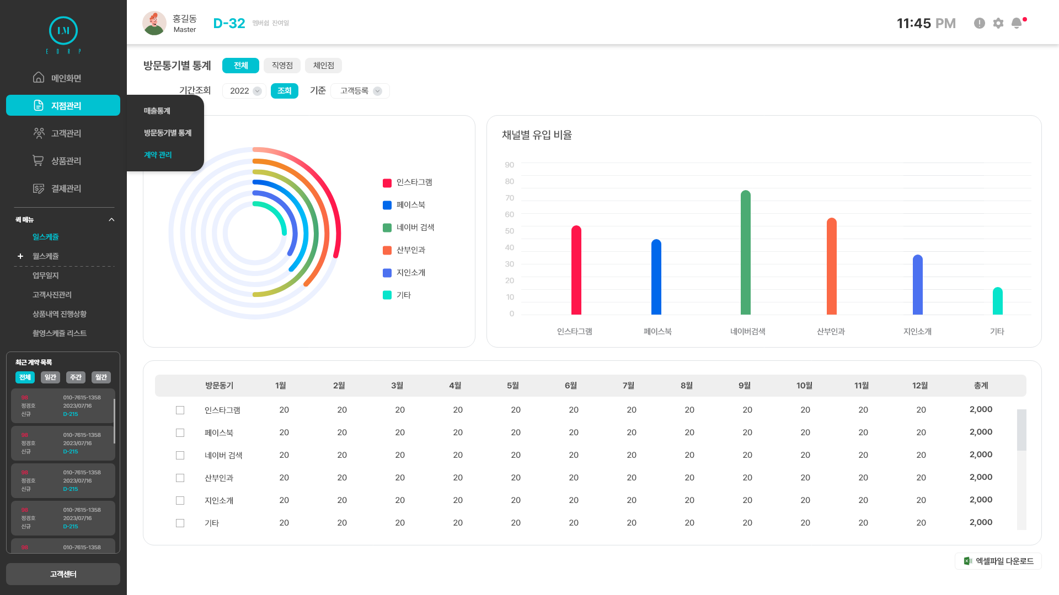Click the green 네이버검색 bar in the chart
click(746, 253)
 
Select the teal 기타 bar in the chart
click(997, 301)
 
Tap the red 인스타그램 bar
click(576, 271)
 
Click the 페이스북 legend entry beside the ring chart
click(404, 205)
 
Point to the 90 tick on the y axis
click(509, 165)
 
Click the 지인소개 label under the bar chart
click(917, 331)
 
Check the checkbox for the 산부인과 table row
click(180, 478)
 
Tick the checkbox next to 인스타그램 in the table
click(180, 410)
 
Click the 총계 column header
click(981, 386)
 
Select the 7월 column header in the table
click(628, 386)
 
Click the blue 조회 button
click(284, 91)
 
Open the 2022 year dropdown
click(244, 91)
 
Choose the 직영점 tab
click(282, 66)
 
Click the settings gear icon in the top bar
click(998, 23)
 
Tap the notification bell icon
click(1017, 23)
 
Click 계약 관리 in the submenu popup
click(158, 155)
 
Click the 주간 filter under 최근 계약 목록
click(76, 377)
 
